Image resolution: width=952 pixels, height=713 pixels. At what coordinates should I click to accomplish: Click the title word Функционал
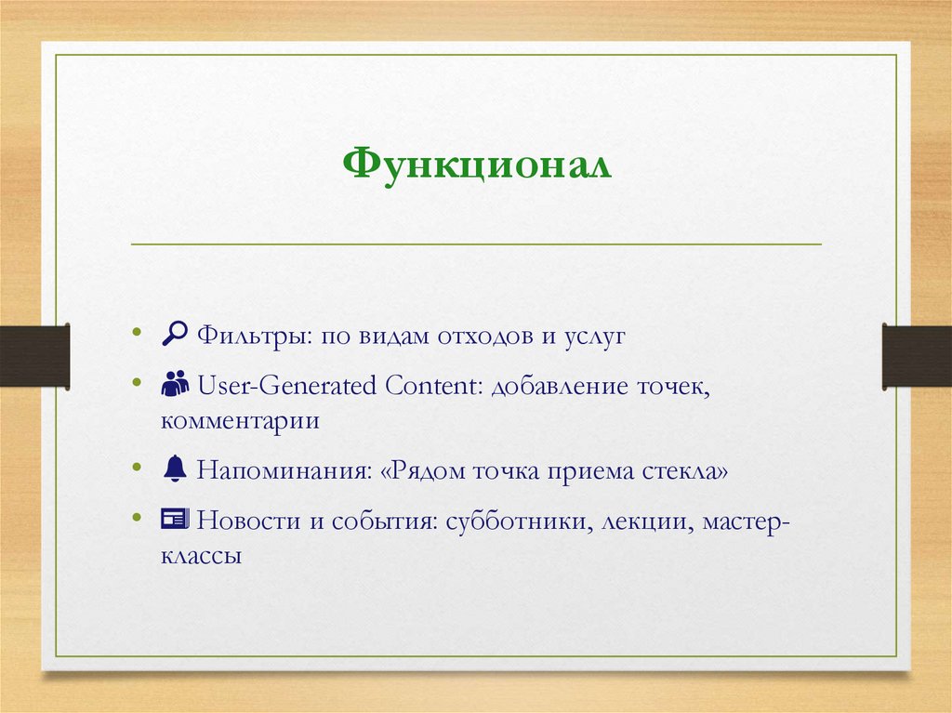pos(476,165)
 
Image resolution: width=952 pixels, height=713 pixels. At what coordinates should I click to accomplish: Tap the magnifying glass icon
pos(173,335)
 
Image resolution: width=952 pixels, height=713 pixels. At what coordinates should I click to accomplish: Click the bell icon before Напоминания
pos(174,470)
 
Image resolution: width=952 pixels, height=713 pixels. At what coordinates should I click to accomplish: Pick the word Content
pos(427,384)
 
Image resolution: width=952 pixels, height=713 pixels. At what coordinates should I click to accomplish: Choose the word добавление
pos(562,384)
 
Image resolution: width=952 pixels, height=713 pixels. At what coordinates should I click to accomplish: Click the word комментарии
pos(240,422)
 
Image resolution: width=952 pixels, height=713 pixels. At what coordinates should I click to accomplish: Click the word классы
pos(201,558)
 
